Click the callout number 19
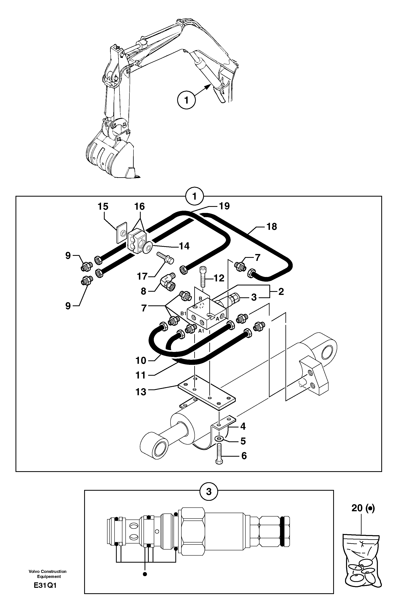[224, 206]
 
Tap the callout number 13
[141, 392]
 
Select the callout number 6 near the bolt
[244, 456]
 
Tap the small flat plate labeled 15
[121, 232]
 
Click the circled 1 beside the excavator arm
[186, 100]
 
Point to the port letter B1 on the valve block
[183, 313]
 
